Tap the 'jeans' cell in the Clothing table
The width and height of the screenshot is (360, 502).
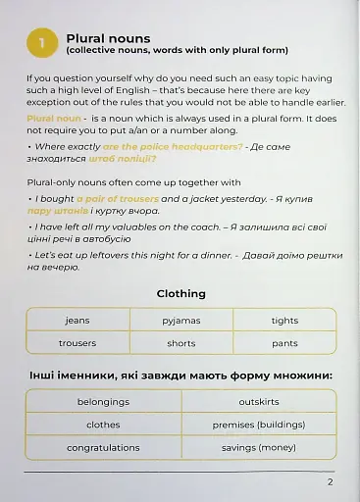(x=77, y=321)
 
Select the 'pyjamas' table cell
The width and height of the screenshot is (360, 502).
(x=181, y=321)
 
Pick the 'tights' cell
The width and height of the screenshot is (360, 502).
(x=284, y=321)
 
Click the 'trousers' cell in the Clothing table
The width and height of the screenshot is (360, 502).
(x=77, y=343)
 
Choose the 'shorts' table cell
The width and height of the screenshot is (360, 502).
(x=181, y=343)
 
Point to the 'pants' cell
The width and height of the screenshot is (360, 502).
(x=284, y=343)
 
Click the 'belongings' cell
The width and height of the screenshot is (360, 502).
(x=103, y=402)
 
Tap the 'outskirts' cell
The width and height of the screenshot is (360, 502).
(x=259, y=402)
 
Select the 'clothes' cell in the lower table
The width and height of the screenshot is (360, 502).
(x=103, y=425)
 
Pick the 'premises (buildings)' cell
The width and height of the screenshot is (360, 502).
(x=259, y=425)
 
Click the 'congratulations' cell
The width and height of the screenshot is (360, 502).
(x=103, y=448)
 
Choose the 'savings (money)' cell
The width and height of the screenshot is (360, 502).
(x=259, y=448)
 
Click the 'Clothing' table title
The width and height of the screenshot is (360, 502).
(x=180, y=293)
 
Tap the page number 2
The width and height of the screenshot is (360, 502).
(x=331, y=481)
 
